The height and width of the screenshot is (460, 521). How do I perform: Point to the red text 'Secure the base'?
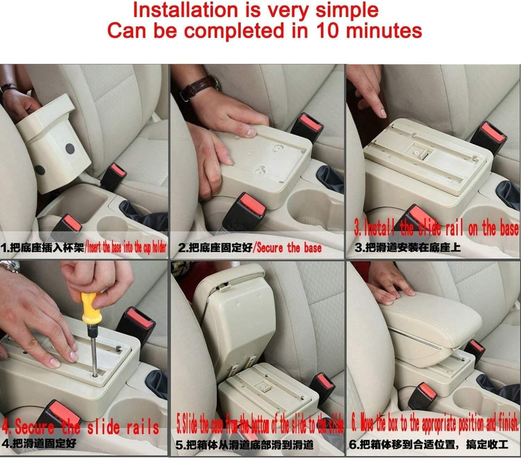point(289,248)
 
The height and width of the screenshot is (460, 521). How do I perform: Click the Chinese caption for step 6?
point(428,444)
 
